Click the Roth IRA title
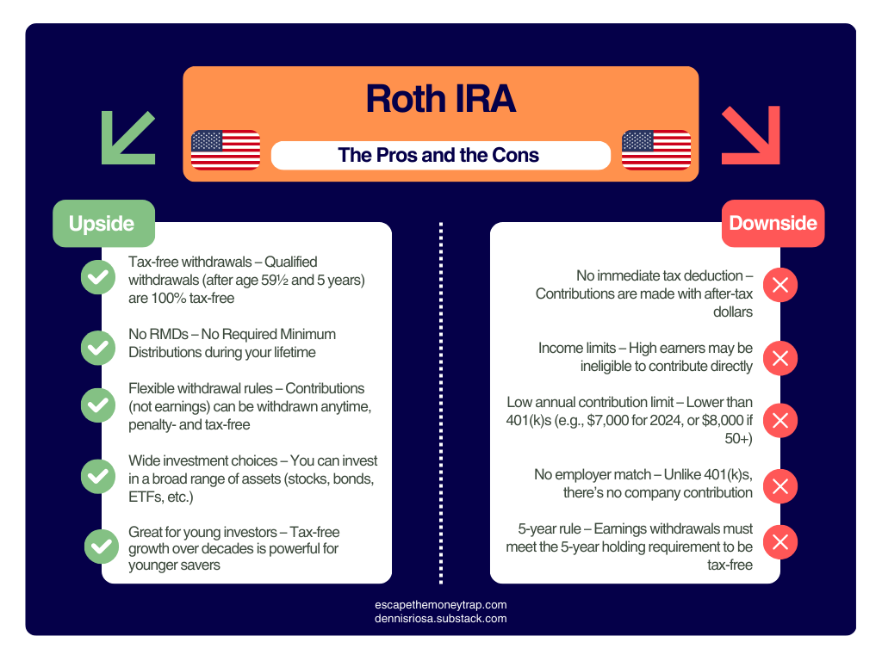(x=440, y=99)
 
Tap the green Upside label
(x=102, y=224)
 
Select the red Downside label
(x=773, y=224)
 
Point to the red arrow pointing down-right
(x=750, y=135)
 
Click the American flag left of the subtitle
(x=225, y=150)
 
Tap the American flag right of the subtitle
(x=656, y=150)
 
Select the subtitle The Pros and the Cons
(x=439, y=156)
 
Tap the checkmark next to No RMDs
(x=98, y=348)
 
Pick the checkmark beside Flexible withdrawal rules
(x=98, y=405)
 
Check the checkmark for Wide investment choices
(x=98, y=475)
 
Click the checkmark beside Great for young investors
(x=102, y=546)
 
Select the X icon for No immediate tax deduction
(x=780, y=286)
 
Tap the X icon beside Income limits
(x=780, y=357)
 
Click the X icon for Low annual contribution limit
(x=780, y=421)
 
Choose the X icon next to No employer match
(x=780, y=485)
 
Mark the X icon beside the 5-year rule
(x=780, y=542)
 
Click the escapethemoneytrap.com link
(x=441, y=605)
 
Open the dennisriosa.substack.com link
(x=441, y=618)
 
